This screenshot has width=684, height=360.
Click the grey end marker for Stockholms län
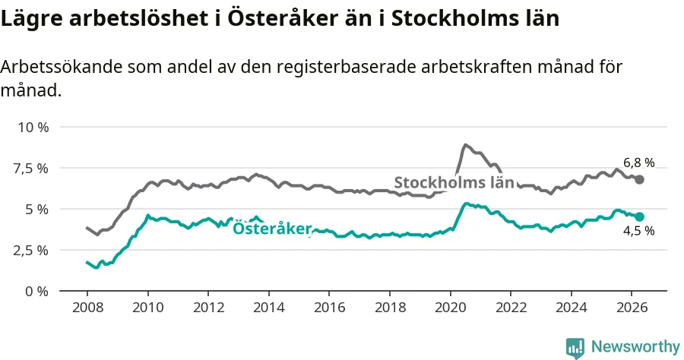pos(639,179)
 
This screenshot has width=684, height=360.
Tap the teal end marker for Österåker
pos(639,216)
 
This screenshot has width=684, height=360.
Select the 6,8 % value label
pos(638,163)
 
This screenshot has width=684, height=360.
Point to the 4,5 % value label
pos(638,231)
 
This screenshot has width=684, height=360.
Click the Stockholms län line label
pos(454,182)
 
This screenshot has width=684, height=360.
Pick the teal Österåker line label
pos(272,228)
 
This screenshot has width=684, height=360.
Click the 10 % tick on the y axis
pos(33,128)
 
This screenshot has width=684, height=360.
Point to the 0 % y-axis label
pos(36,291)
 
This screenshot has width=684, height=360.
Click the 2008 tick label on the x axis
pos(87,308)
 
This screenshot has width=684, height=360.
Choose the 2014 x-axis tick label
pos(269,308)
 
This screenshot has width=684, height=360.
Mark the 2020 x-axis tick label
pos(450,308)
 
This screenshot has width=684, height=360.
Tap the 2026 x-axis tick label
pos(632,308)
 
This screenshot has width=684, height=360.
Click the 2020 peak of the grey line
pos(465,145)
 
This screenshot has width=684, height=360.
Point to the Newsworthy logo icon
pos(575,348)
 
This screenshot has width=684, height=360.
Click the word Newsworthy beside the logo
pos(635,347)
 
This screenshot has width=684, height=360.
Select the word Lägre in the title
pos(31,19)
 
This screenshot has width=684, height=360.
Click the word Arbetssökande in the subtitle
pos(62,67)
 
